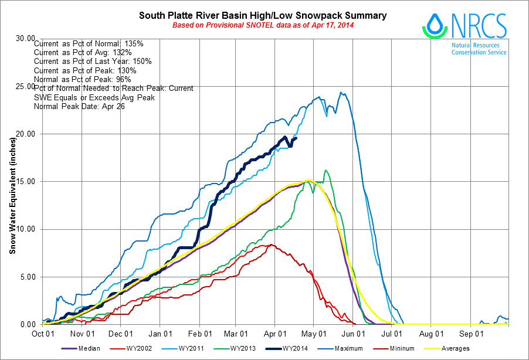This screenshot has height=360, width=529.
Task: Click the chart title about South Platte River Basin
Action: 262,15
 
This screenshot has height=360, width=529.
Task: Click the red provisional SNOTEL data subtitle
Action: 262,25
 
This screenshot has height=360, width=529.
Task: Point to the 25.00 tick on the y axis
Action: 24,86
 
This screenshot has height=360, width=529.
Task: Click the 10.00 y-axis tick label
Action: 24,229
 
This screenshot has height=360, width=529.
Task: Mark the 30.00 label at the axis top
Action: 24,38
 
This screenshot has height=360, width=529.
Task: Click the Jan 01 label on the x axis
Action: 160,333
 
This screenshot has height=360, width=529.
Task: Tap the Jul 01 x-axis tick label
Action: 392,333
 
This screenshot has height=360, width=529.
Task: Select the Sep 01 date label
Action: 471,333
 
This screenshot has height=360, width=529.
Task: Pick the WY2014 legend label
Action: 295,349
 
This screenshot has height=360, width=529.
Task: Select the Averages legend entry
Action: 455,349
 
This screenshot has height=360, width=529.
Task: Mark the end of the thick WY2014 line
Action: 296,138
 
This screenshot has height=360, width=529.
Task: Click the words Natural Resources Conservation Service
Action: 479,49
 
